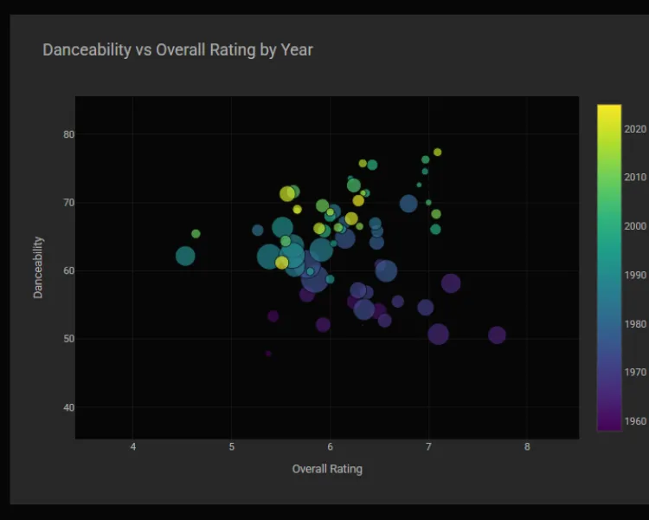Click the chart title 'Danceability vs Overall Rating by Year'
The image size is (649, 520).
(x=177, y=49)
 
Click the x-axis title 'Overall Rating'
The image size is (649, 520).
(x=327, y=469)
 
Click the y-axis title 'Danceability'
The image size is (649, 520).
(x=38, y=268)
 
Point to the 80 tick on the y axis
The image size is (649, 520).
(x=68, y=134)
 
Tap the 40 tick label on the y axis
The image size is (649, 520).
(x=68, y=407)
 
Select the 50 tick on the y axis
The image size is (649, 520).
(x=68, y=339)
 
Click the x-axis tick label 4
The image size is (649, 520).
(x=132, y=447)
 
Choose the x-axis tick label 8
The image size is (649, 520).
(x=527, y=447)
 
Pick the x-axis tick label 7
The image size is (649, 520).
(x=428, y=447)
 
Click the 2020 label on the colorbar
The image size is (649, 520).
(x=635, y=129)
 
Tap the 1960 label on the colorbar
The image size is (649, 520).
(x=635, y=421)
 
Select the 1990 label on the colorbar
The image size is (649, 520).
(x=635, y=276)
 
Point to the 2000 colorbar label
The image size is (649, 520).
(x=635, y=226)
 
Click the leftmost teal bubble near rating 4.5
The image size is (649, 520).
(x=185, y=256)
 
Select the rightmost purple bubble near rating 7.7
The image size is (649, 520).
(x=497, y=335)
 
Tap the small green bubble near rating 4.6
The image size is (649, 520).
(x=196, y=233)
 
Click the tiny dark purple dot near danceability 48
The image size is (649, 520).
(x=268, y=354)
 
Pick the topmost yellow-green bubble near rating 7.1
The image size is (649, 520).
(x=438, y=152)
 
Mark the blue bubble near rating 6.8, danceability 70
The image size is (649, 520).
(x=408, y=204)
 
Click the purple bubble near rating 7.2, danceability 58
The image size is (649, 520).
(x=451, y=283)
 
